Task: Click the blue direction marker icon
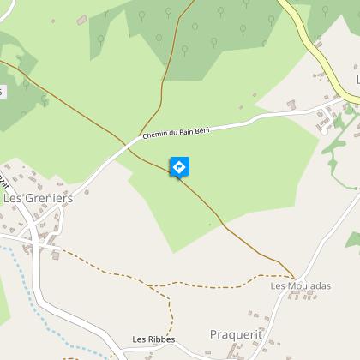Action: (180, 166)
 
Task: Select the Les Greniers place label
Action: (39, 198)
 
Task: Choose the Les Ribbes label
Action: (153, 339)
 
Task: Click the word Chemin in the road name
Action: (154, 135)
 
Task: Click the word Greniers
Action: (49, 198)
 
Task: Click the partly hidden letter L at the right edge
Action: (357, 80)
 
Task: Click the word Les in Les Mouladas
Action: (277, 285)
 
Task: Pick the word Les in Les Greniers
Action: (13, 198)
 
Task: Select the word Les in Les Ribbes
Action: (139, 339)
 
